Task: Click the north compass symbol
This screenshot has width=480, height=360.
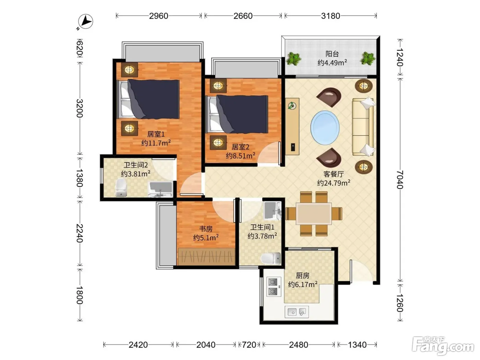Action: click(x=85, y=22)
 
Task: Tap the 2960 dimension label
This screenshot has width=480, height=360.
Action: click(x=158, y=16)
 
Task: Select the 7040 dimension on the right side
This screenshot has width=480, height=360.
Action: click(x=400, y=179)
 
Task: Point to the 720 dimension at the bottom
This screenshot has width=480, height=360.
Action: click(x=249, y=345)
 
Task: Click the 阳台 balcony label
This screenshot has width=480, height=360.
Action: click(x=332, y=54)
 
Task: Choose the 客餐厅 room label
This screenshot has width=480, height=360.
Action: click(x=334, y=174)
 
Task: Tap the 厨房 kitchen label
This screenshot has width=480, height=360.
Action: click(x=303, y=276)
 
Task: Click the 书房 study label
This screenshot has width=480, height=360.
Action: click(x=206, y=229)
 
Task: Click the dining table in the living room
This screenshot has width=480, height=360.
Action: click(x=314, y=214)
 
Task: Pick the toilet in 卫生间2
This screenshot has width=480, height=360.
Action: click(x=121, y=188)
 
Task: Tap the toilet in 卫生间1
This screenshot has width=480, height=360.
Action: click(x=271, y=259)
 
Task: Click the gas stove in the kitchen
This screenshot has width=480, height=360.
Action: click(x=274, y=287)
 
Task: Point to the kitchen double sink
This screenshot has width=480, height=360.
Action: click(x=297, y=312)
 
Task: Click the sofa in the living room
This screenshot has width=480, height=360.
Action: click(x=363, y=127)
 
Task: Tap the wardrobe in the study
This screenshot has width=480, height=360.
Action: click(x=206, y=256)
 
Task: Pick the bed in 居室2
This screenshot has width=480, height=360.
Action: click(x=237, y=114)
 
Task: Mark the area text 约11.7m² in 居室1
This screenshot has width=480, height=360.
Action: click(x=156, y=143)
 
